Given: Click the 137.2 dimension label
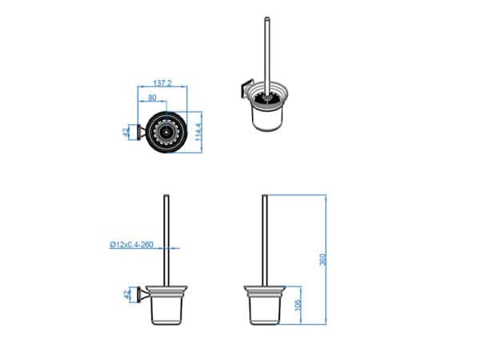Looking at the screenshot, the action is pyautogui.click(x=162, y=83).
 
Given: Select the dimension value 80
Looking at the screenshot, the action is pyautogui.click(x=152, y=98).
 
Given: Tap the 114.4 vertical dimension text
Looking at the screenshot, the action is pyautogui.click(x=198, y=132).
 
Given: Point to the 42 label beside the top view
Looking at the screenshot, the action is pyautogui.click(x=126, y=132).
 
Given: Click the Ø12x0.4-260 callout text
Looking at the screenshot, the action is pyautogui.click(x=131, y=245).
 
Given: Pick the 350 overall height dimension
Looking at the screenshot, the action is pyautogui.click(x=322, y=259).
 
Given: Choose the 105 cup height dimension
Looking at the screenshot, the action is pyautogui.click(x=298, y=306).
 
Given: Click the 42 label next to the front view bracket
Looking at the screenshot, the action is pyautogui.click(x=126, y=294).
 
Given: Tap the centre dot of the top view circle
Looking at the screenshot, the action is pyautogui.click(x=166, y=133).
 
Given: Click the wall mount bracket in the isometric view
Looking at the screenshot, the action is pyautogui.click(x=246, y=88).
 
